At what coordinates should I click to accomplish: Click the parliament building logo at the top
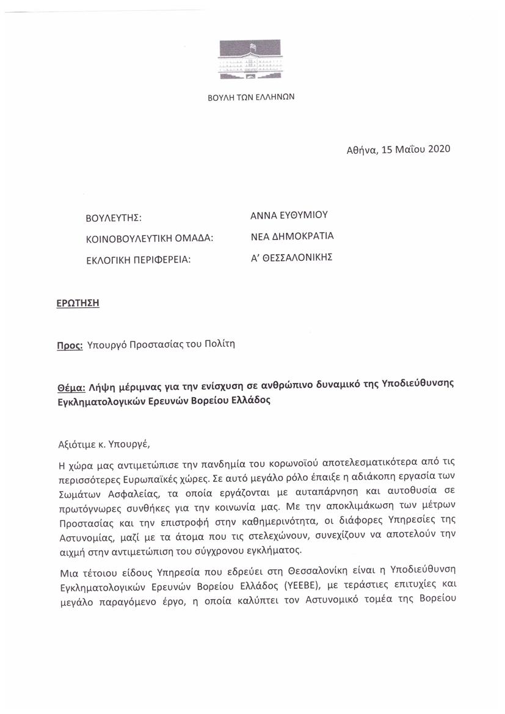(x=252, y=59)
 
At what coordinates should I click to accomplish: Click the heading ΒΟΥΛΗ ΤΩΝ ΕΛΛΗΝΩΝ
(x=252, y=97)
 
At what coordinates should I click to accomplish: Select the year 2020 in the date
(x=437, y=149)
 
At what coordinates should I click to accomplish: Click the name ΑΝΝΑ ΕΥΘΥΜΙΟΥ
(x=289, y=215)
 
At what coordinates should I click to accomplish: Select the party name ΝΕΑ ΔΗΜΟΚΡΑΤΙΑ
(x=292, y=236)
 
